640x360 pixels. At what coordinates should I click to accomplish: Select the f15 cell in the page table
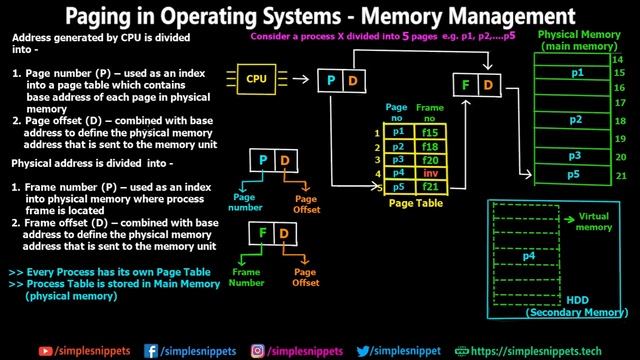[431, 131]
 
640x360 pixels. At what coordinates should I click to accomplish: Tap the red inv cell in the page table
[431, 172]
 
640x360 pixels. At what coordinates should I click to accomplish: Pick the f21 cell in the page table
[431, 186]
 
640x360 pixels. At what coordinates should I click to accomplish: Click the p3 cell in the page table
[400, 159]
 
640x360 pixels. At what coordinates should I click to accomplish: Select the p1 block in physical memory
[576, 74]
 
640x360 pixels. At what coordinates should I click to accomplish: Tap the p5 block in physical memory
[576, 174]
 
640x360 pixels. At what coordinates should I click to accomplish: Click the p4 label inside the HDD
[529, 256]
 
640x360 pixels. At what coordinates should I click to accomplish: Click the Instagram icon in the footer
[257, 350]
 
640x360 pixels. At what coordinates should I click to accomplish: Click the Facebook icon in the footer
[151, 350]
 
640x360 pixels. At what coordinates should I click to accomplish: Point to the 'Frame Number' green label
[245, 277]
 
